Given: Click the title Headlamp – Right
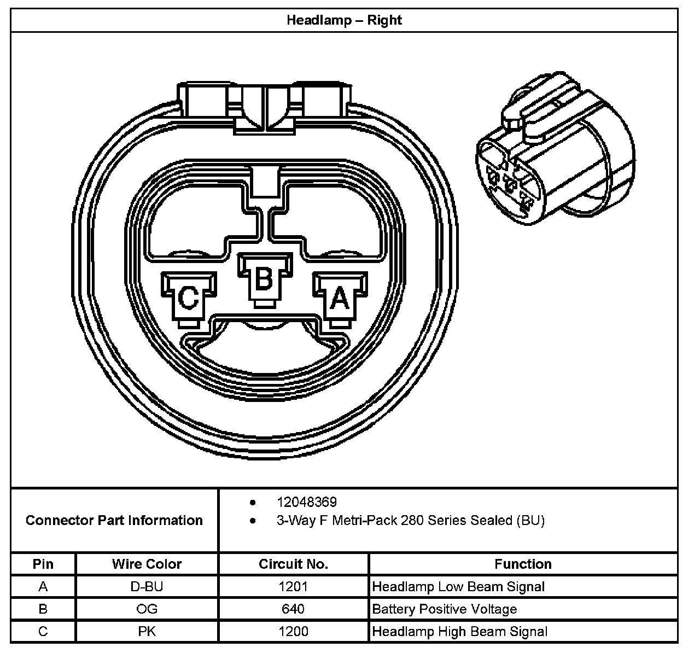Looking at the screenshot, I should tap(344, 20).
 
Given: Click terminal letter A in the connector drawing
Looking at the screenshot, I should tap(340, 299).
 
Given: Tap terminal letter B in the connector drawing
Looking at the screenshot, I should tap(264, 279).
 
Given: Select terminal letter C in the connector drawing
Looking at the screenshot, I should tap(189, 299).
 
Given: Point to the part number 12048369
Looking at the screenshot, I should tap(307, 502).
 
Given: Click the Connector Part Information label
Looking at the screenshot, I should tap(114, 520).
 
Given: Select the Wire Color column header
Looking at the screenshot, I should tap(147, 564).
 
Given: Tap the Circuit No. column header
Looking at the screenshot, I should tap(293, 564).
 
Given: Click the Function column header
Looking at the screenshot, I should tap(523, 564).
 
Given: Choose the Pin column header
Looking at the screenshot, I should tap(43, 564).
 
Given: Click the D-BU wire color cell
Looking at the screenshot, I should tap(147, 587).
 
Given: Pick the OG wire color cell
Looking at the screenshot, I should tap(147, 609).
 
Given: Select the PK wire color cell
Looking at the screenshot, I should tap(147, 632).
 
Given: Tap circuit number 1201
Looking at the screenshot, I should tap(293, 587).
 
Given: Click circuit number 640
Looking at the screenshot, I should tap(293, 609).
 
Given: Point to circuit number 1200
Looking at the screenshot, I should tap(293, 632).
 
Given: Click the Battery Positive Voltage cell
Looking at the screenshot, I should tap(444, 609).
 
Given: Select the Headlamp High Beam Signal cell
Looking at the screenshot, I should tap(459, 632).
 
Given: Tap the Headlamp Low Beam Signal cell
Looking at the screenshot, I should tap(458, 587).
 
